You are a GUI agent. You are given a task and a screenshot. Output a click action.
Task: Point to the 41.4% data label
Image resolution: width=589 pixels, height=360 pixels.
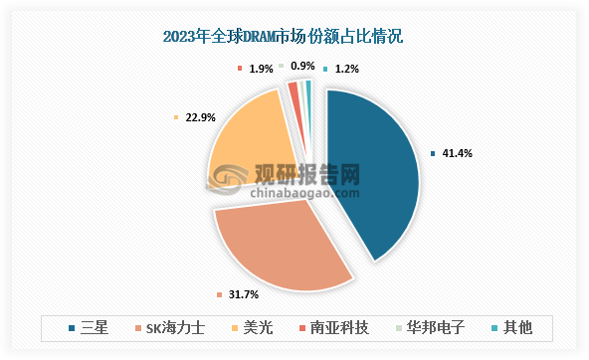pyautogui.click(x=457, y=153)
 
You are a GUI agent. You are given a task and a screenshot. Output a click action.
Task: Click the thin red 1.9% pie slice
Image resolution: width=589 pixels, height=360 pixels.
pyautogui.click(x=293, y=90)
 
